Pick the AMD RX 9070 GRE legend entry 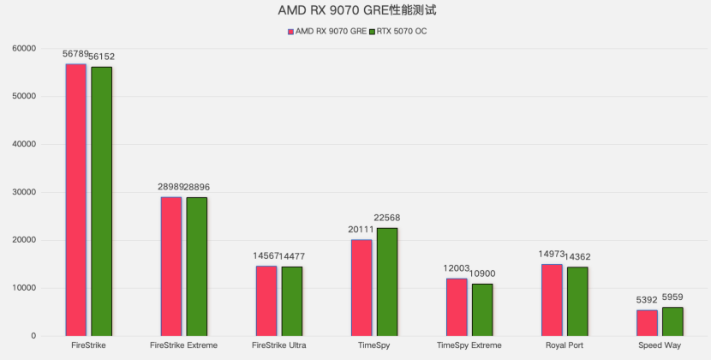point(327,31)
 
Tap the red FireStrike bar point(76,200)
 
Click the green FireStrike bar point(101,201)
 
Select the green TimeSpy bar point(386,282)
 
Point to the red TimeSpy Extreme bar point(457,307)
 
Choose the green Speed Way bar point(672,321)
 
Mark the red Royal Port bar point(552,300)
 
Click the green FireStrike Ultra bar point(291,301)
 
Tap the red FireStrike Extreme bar point(171,267)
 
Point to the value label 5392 point(647,300)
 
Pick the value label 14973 point(552,255)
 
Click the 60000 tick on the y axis point(22,48)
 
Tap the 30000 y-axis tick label point(22,192)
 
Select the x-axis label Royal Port point(565,345)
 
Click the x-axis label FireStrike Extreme point(183,345)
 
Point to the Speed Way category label point(660,345)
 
